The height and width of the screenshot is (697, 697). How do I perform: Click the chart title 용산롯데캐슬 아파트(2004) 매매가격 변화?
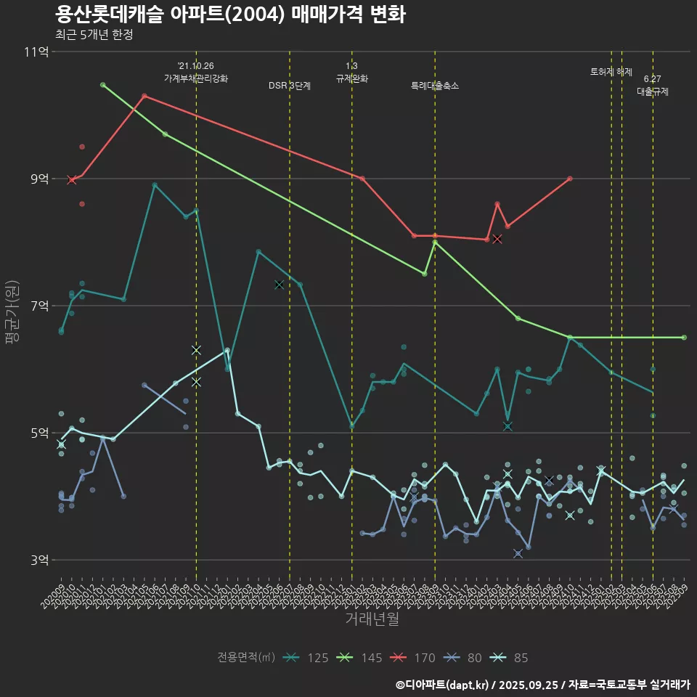230,15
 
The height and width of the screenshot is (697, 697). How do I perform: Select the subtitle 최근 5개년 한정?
94,35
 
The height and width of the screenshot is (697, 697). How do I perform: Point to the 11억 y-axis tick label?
37,52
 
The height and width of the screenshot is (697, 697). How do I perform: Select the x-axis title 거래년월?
372,619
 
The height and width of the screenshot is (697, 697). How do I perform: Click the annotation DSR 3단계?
290,86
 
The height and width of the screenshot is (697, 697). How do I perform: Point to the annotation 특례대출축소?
435,86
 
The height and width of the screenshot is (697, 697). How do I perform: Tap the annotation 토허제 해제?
611,72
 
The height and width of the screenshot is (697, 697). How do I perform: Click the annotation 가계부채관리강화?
196,78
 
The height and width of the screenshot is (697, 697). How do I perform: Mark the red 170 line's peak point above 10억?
144,96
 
